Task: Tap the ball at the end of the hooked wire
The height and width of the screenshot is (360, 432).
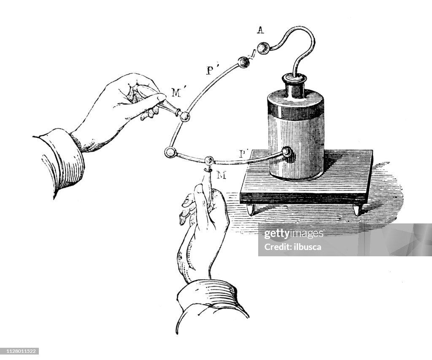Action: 264,48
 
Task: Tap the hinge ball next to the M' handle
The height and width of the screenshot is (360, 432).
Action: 184,116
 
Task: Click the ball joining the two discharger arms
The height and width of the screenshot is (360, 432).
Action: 170,153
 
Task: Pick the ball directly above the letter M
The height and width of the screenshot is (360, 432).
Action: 209,161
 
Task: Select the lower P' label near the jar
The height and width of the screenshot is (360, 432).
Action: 243,153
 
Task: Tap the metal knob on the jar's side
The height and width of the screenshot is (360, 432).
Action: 287,152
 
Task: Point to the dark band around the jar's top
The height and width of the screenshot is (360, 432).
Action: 295,110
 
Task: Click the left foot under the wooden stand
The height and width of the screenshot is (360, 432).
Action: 252,209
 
